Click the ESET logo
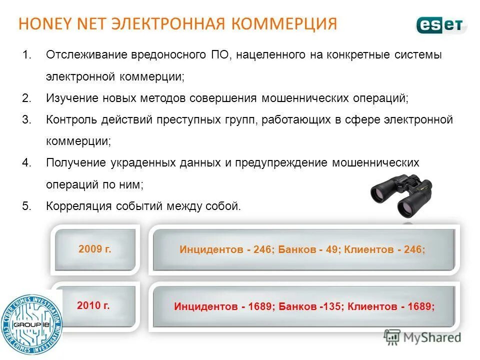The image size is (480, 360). (x=441, y=24)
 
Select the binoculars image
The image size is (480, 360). (x=401, y=195)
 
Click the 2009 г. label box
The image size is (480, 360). (x=95, y=248)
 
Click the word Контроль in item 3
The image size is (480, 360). (x=72, y=119)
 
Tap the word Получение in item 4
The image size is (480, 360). (x=76, y=163)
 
